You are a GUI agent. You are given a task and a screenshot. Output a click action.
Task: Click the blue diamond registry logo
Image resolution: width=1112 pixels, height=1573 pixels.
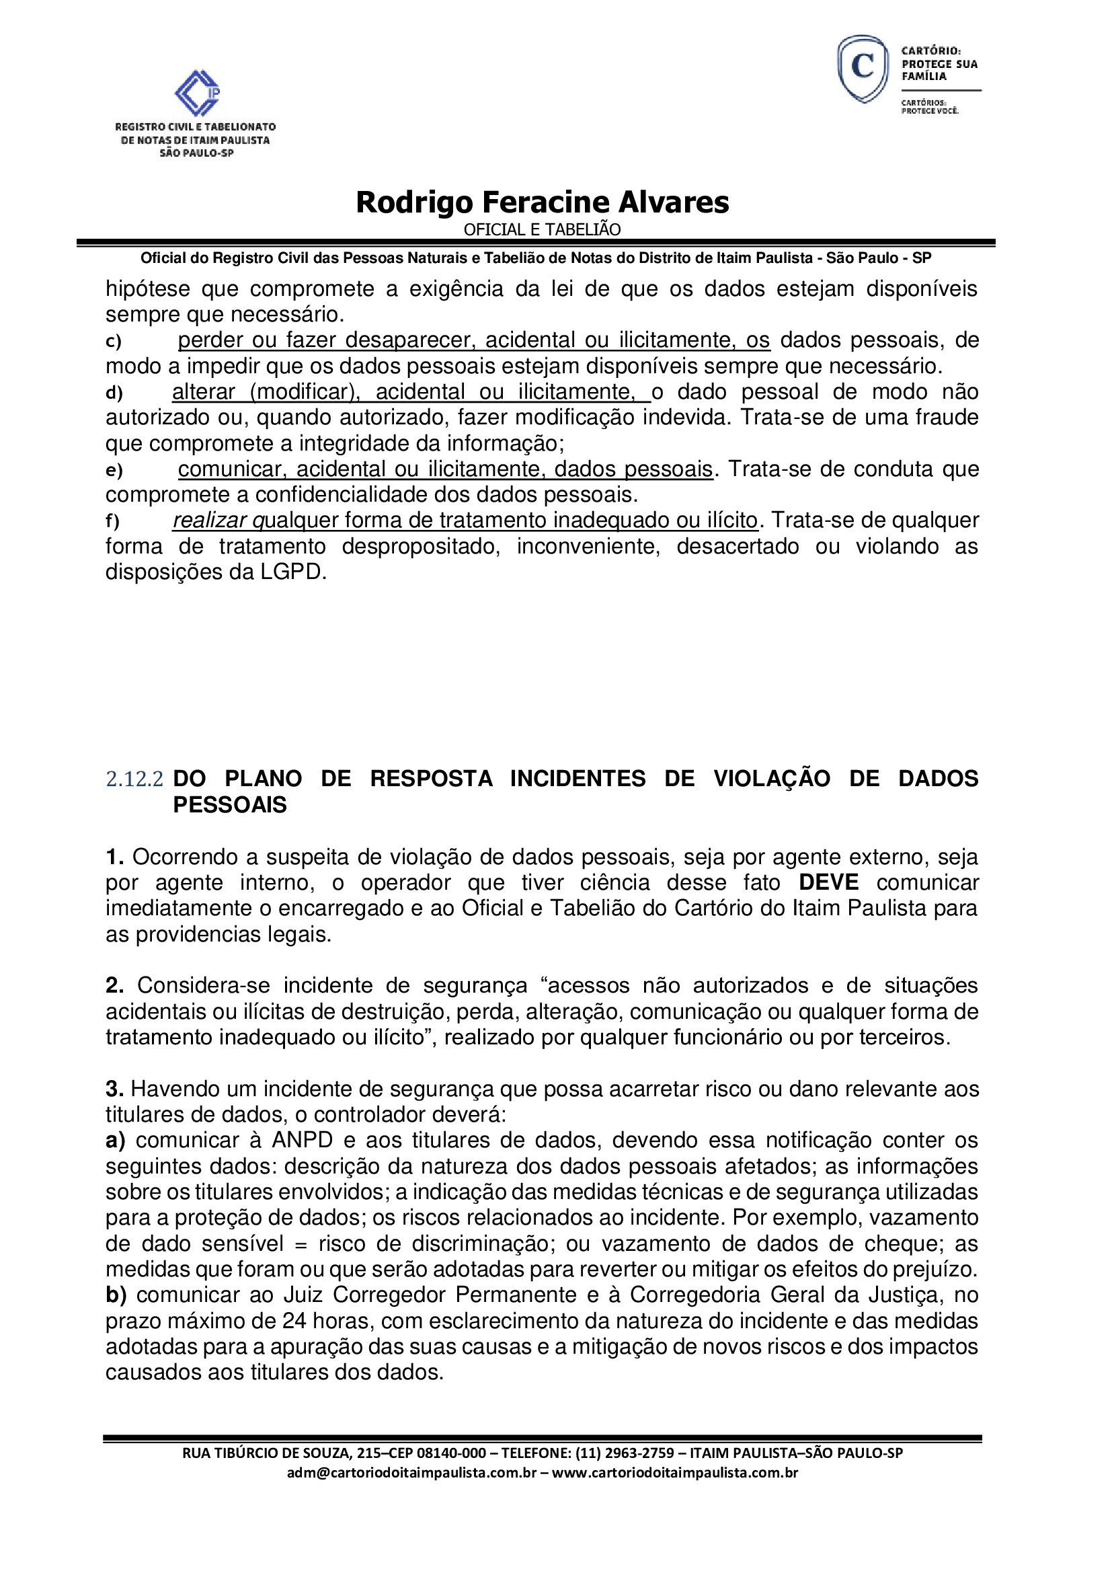(x=197, y=93)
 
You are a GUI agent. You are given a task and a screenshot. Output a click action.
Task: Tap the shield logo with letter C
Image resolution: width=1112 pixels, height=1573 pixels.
(x=863, y=69)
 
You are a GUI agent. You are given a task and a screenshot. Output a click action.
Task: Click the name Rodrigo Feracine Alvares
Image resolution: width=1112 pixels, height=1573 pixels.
(x=543, y=202)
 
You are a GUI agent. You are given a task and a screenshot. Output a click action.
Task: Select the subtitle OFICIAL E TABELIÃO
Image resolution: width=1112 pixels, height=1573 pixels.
(x=543, y=229)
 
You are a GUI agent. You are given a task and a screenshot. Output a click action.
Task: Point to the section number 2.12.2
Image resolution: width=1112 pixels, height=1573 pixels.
(x=135, y=779)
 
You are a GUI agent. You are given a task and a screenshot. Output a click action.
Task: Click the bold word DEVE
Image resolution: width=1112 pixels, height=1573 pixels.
(x=828, y=882)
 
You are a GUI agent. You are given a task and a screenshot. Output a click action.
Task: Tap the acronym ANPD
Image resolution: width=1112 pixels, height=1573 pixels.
(x=302, y=1140)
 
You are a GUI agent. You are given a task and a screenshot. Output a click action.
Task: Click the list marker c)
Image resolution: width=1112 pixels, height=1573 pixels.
(x=114, y=341)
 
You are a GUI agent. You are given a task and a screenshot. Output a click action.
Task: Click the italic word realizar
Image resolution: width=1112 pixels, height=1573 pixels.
(x=210, y=521)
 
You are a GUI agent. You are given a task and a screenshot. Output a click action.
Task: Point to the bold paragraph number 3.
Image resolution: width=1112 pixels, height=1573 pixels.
(x=114, y=1089)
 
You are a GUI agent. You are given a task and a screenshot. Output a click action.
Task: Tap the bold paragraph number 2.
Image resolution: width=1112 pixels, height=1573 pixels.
(x=114, y=985)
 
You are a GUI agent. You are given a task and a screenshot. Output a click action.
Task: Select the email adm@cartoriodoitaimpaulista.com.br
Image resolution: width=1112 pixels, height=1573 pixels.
(x=411, y=1472)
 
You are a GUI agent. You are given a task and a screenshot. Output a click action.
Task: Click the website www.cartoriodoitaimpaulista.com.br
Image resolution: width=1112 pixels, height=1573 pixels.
(x=674, y=1472)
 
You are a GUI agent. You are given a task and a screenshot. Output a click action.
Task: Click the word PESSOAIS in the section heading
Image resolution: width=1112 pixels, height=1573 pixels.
(x=230, y=804)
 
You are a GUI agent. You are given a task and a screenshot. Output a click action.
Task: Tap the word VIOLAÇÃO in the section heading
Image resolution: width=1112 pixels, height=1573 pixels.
(x=772, y=779)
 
